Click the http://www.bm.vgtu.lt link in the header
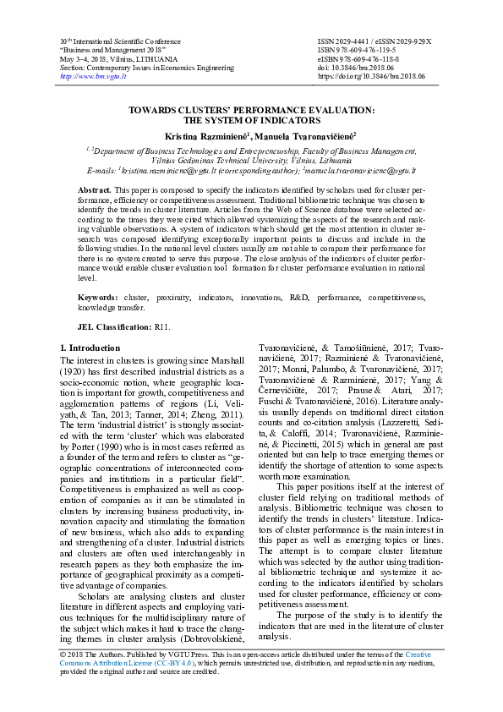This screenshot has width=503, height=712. point(92,76)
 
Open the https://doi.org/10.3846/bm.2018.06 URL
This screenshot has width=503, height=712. point(371,76)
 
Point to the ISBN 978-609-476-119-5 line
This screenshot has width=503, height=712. point(359,50)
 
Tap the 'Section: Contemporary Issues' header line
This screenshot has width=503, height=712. point(136,67)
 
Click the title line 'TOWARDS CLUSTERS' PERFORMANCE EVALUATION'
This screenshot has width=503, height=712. point(251,110)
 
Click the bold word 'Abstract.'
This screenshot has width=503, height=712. point(94,192)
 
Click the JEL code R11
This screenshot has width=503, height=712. point(164,326)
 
